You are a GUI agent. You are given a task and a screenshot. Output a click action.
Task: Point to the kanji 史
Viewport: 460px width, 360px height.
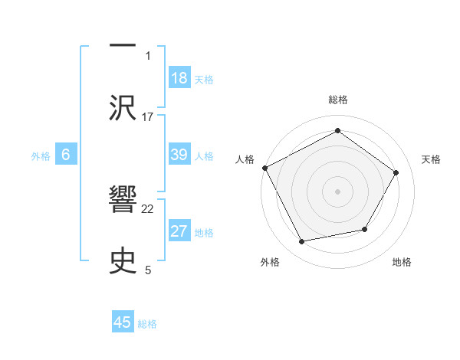[123, 260]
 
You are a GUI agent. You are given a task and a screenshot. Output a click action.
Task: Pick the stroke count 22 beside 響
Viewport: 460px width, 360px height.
[148, 208]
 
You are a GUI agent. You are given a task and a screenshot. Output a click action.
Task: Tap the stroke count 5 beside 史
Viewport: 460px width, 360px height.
[148, 270]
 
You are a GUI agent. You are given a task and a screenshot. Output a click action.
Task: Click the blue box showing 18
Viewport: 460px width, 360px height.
[179, 77]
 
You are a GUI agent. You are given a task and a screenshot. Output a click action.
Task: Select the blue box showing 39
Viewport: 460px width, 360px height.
[179, 155]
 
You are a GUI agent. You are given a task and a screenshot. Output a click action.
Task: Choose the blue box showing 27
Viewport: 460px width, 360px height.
[179, 231]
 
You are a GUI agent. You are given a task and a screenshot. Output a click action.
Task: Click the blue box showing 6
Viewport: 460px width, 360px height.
[66, 155]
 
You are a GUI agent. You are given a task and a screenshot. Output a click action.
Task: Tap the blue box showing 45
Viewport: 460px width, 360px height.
[123, 322]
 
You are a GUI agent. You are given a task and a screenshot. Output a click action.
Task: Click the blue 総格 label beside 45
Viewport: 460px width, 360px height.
[147, 324]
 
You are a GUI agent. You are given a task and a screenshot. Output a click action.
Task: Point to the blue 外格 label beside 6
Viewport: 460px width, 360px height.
[41, 156]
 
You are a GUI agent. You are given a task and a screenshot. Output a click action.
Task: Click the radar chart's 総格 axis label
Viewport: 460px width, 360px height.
[338, 100]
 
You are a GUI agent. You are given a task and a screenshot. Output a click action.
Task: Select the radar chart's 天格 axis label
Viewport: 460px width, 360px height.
[431, 159]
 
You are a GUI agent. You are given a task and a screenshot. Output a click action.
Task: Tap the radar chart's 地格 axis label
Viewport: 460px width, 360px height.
[402, 263]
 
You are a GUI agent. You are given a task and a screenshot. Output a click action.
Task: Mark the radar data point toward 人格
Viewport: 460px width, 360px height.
[264, 168]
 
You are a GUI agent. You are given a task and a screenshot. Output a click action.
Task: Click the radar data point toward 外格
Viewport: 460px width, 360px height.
[302, 242]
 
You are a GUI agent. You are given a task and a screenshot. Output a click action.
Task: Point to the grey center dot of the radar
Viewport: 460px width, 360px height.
[338, 191]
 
